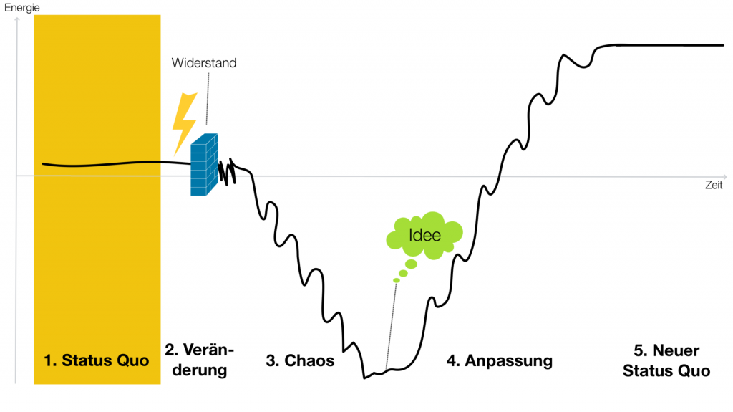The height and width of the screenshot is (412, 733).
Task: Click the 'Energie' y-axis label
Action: click(x=21, y=7)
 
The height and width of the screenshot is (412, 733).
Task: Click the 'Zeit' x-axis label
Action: click(x=713, y=185)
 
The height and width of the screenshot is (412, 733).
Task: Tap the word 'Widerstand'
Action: click(x=204, y=63)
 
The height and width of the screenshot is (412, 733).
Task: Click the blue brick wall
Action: click(x=204, y=165)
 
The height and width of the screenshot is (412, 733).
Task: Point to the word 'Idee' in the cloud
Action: click(x=424, y=234)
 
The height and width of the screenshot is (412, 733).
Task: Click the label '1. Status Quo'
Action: click(x=97, y=360)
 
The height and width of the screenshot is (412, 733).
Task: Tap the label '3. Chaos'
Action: click(x=300, y=361)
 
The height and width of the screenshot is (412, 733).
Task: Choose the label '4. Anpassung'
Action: click(x=500, y=361)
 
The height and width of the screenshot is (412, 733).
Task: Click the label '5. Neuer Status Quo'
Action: click(x=666, y=360)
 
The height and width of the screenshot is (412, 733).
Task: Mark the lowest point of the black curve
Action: click(x=365, y=377)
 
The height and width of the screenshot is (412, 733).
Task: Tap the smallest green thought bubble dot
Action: click(x=396, y=280)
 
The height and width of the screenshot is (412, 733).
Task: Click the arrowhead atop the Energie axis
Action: click(x=16, y=21)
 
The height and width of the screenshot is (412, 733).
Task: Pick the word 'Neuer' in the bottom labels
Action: click(x=676, y=350)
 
